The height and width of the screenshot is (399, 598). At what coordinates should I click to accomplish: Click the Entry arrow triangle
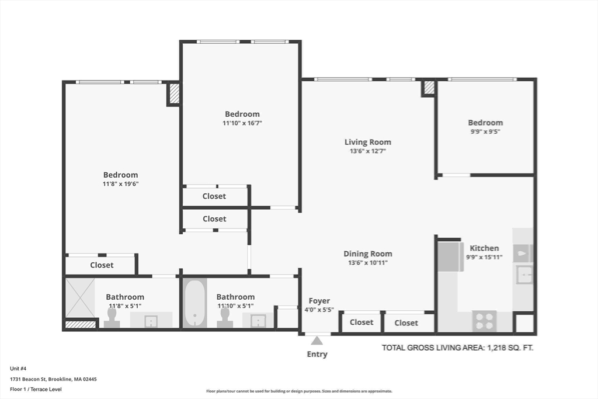click(x=317, y=340)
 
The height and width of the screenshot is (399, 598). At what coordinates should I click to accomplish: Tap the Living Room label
click(x=368, y=142)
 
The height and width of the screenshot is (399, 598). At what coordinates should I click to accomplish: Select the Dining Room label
click(x=368, y=254)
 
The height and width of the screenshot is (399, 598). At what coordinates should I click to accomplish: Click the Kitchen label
click(x=484, y=248)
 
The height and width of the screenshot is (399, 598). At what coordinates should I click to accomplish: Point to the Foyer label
click(x=319, y=301)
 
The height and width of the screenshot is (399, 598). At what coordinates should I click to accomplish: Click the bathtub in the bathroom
click(x=195, y=303)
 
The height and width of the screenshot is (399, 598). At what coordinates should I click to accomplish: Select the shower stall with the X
click(x=80, y=299)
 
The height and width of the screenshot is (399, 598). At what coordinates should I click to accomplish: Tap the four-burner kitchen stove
click(x=484, y=320)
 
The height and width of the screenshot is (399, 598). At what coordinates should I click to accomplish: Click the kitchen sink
click(x=524, y=275)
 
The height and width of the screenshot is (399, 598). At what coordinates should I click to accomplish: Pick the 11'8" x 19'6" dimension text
click(x=120, y=184)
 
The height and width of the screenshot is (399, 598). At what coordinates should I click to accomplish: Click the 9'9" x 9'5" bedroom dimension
click(x=485, y=131)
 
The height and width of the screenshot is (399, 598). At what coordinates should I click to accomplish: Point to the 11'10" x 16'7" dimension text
click(x=242, y=123)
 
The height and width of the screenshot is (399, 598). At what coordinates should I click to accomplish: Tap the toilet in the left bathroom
click(x=112, y=318)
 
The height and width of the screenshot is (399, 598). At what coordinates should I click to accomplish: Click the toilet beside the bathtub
click(x=225, y=318)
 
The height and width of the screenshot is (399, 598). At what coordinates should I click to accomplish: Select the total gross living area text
click(x=458, y=348)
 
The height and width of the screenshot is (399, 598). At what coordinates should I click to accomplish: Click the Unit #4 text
click(x=18, y=369)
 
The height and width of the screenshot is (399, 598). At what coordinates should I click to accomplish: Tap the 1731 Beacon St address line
click(x=53, y=379)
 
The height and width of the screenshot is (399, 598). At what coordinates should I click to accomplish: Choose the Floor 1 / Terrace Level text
click(x=36, y=389)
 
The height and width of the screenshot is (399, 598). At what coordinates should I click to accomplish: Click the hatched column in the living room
click(x=429, y=88)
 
